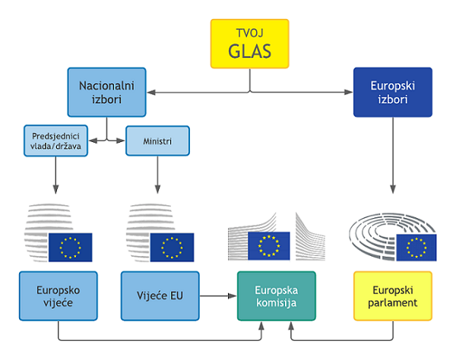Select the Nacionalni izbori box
coord(106,90)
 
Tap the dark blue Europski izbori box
coord(392,92)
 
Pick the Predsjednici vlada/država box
coord(56,140)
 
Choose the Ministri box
coord(157,141)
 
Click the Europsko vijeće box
coord(58,295)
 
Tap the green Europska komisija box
coord(275,295)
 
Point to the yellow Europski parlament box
coord(392,295)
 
